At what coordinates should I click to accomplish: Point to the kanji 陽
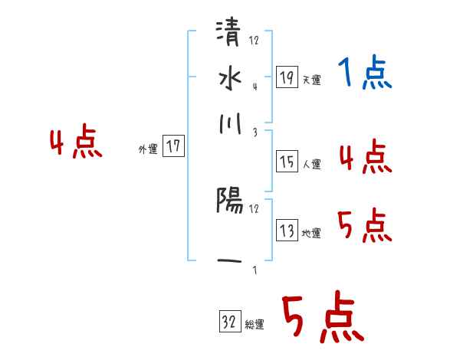229,201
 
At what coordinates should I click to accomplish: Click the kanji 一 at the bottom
229,261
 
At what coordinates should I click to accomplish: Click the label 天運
311,80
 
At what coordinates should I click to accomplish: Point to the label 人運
311,164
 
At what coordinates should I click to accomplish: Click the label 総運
255,325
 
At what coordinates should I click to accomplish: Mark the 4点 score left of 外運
76,143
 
